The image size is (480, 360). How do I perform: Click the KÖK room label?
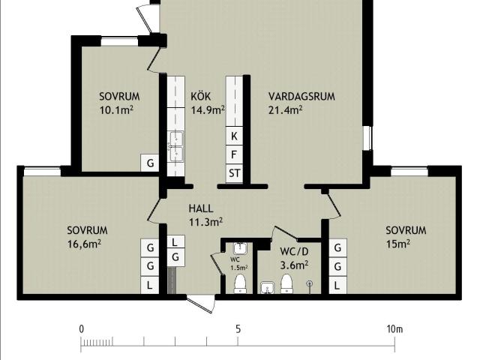(x=201, y=96)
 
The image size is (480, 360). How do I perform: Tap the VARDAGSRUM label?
(x=301, y=97)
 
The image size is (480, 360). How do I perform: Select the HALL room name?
(x=201, y=208)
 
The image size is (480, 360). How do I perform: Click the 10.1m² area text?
(x=116, y=110)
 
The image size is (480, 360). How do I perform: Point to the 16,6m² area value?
(x=84, y=244)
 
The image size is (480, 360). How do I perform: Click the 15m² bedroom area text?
(x=398, y=244)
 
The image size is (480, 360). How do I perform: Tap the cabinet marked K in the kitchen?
(x=234, y=136)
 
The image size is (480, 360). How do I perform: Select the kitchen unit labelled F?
(x=234, y=154)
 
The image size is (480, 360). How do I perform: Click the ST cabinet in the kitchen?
(x=234, y=173)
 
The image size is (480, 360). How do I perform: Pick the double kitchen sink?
(x=176, y=146)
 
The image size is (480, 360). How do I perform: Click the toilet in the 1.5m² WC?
(x=240, y=283)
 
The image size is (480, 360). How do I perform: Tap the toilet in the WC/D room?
(x=286, y=283)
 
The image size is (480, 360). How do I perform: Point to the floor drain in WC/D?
(x=310, y=283)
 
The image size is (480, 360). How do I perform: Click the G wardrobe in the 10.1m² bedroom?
(x=150, y=163)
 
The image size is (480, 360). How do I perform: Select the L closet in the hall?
(x=175, y=242)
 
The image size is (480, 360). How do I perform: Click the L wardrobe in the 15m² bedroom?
(x=337, y=286)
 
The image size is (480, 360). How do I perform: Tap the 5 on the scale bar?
(x=238, y=329)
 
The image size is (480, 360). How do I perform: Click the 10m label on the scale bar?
(x=394, y=329)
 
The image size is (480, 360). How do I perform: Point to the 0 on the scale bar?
(x=81, y=329)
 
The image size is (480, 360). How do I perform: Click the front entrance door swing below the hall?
(x=200, y=304)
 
